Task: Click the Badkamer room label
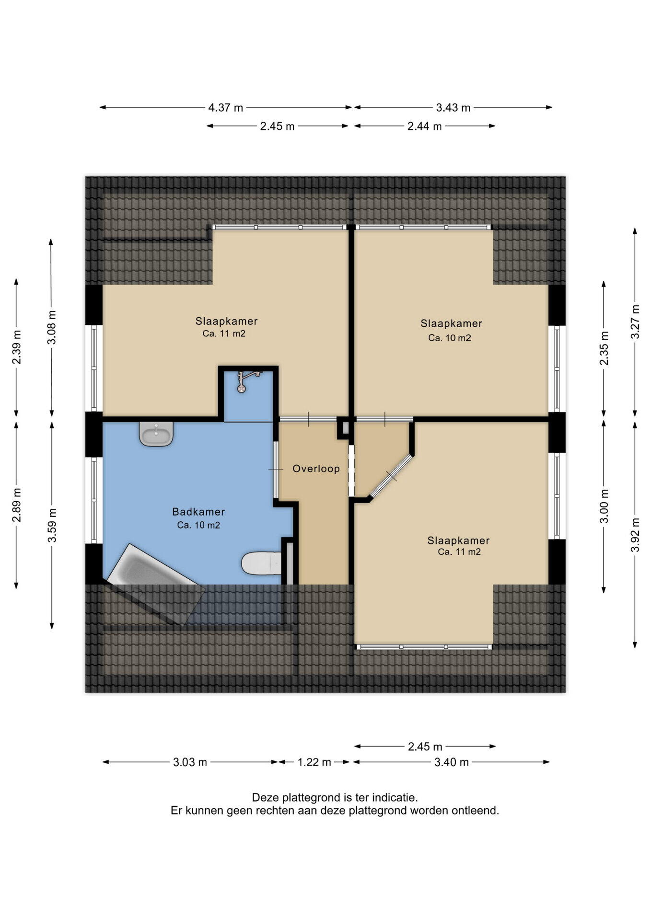coord(198,512)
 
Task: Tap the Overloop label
coord(316,469)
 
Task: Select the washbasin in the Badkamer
coord(156,434)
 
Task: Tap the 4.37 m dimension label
coord(225,108)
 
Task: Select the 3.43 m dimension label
coord(453,108)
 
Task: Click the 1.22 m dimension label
coord(314,762)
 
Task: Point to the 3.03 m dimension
coord(190,762)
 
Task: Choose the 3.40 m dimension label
coord(451,762)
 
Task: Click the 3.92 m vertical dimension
coord(635,535)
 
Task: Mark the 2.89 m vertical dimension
coord(17,505)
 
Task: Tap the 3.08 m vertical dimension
coord(52,327)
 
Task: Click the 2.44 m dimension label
coord(424,126)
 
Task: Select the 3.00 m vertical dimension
coord(604,506)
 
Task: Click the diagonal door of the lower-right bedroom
coord(390,476)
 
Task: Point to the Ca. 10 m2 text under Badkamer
coord(198,525)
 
